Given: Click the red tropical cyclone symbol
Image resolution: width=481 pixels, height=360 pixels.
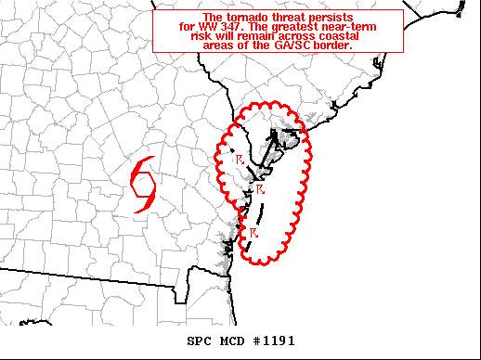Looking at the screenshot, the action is click(x=144, y=184).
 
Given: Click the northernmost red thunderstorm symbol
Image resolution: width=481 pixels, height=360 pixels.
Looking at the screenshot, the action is click(x=240, y=159).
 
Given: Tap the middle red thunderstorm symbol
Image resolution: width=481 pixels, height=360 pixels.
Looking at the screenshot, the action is click(x=261, y=190).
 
